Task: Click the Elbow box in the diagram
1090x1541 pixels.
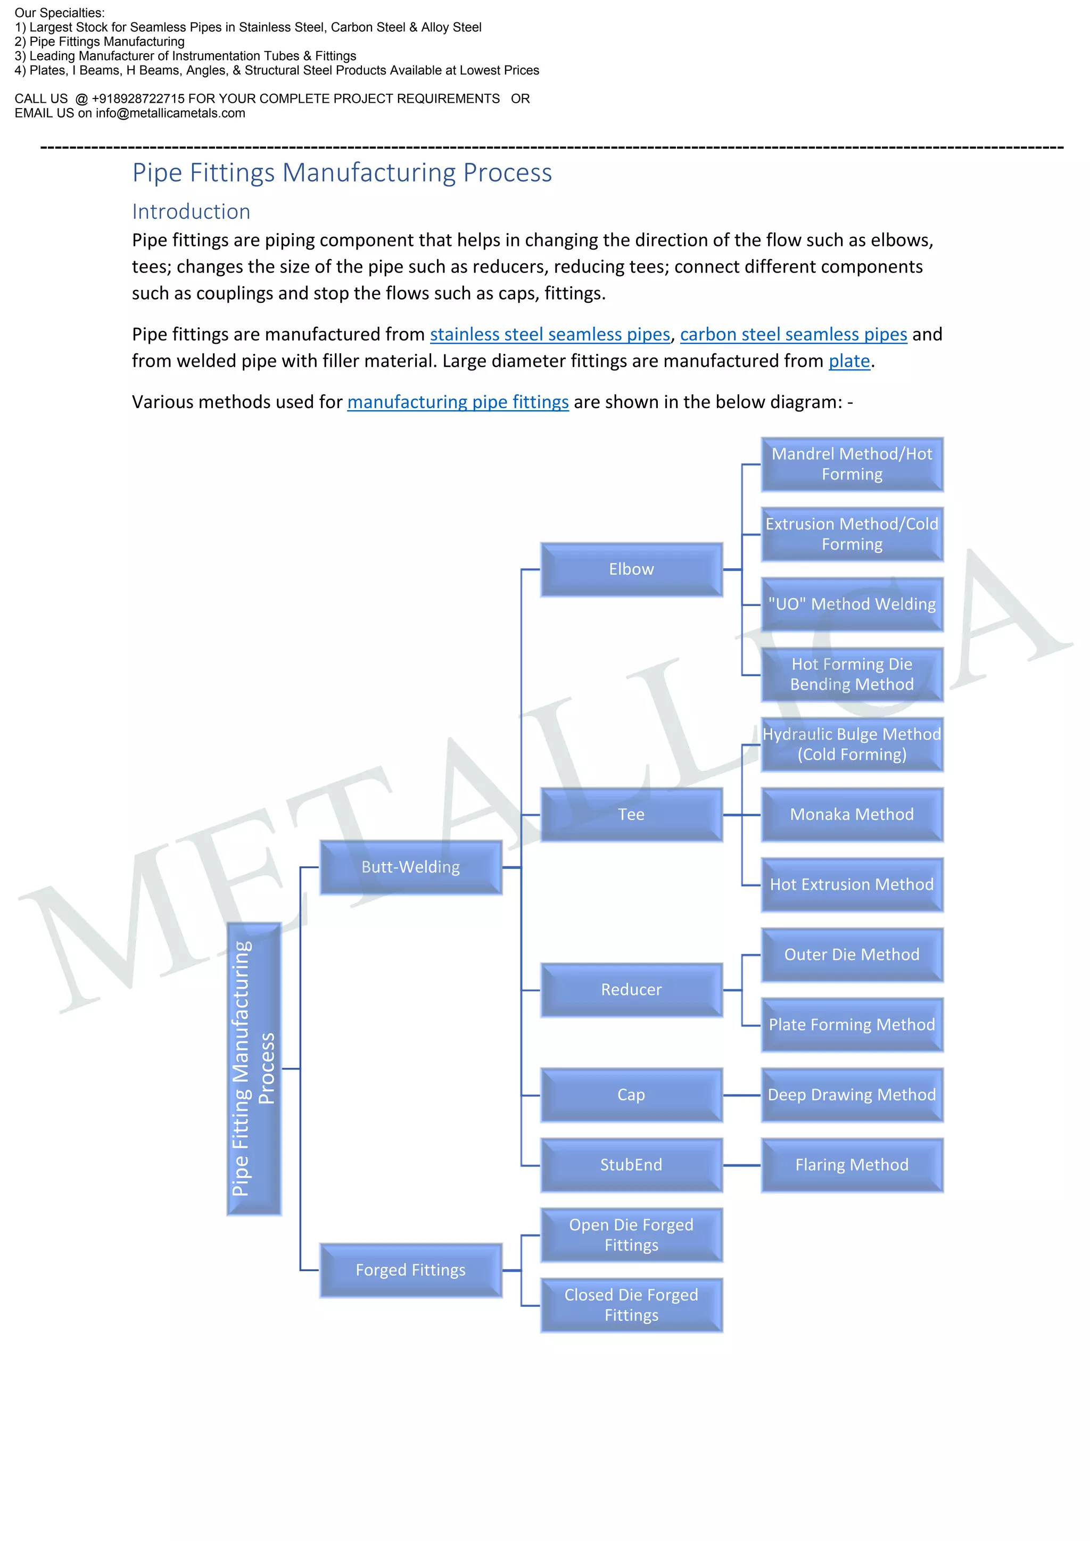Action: point(631,569)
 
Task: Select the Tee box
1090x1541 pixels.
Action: point(631,814)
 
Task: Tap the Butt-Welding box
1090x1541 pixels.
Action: point(410,867)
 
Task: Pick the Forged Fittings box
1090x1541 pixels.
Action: point(410,1270)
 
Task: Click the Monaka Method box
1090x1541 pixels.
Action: point(852,814)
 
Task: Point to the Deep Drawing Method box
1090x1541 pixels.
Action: point(852,1095)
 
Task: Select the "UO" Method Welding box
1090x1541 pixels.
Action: point(852,604)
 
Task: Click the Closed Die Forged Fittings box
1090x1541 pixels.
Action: point(631,1305)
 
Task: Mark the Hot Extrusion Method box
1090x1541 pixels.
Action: point(852,884)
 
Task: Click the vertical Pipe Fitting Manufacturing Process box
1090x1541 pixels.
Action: point(254,1068)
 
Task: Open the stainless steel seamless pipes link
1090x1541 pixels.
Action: point(550,334)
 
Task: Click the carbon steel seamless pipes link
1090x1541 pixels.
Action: point(794,334)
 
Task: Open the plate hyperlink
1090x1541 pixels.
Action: point(849,361)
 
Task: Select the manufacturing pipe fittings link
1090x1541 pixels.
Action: point(458,402)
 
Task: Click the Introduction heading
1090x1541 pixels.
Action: point(191,211)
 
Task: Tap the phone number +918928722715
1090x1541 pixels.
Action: point(138,98)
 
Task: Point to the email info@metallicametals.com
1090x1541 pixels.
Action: point(170,113)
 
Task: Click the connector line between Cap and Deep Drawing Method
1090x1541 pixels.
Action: point(741,1095)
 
